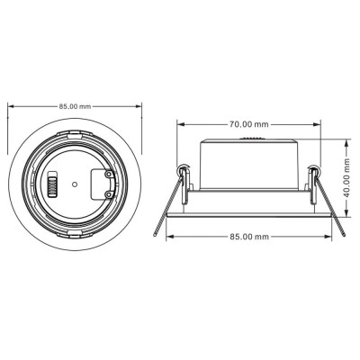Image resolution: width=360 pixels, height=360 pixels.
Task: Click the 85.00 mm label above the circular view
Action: (x=76, y=106)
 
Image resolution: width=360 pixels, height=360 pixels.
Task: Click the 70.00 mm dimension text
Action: (x=249, y=123)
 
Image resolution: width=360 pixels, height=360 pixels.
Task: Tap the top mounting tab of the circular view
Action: (x=76, y=137)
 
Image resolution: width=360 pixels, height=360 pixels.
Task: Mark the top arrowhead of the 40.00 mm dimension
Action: (x=347, y=140)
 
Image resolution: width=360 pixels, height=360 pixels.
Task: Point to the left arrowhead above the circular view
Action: (x=10, y=106)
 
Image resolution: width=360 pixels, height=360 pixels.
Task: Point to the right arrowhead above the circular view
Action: (x=139, y=106)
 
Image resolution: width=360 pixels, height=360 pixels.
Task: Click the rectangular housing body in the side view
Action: (x=247, y=166)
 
